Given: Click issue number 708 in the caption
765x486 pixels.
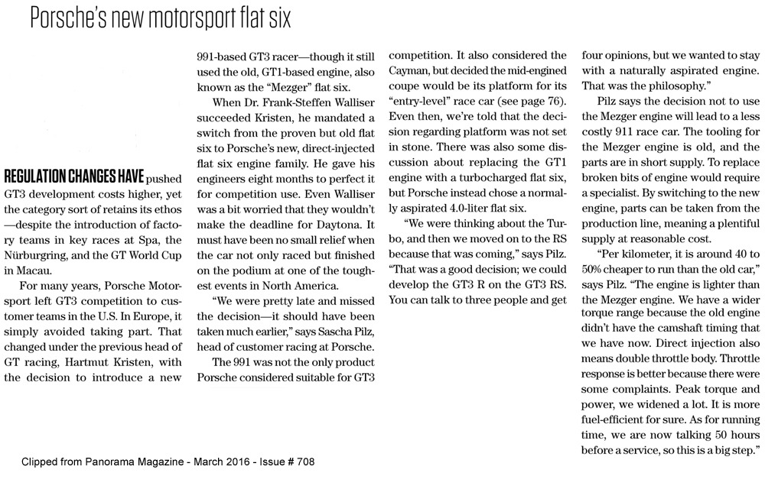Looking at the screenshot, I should pos(304,462).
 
